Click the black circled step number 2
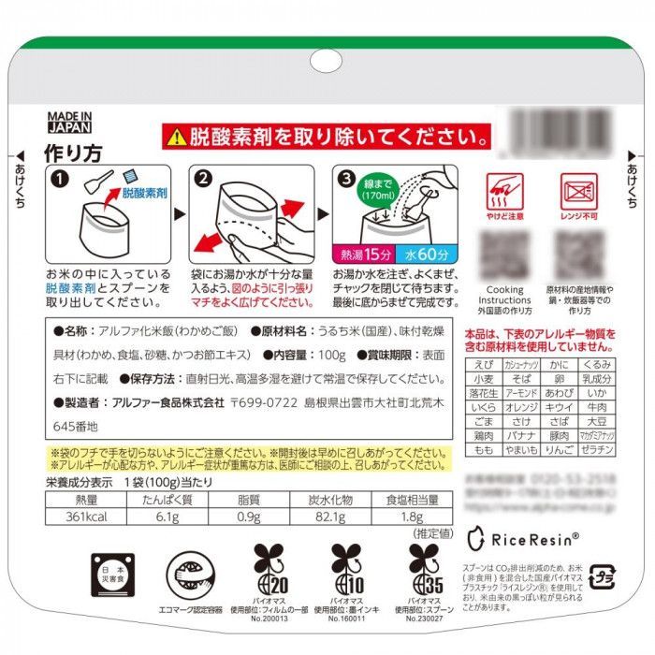200,177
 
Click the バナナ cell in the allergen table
520,435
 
